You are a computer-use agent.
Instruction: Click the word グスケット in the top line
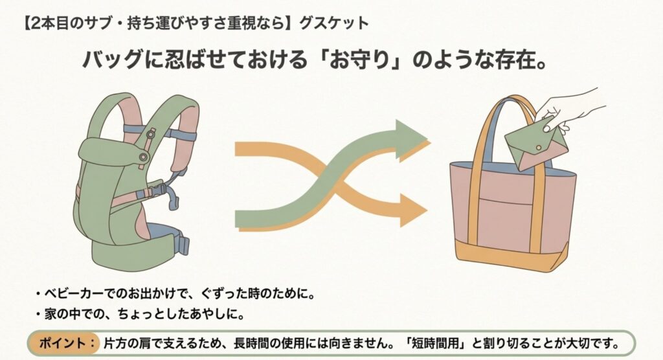point(334,23)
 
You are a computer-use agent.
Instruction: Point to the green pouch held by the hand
point(532,145)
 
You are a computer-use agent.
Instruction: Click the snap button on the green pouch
point(539,146)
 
